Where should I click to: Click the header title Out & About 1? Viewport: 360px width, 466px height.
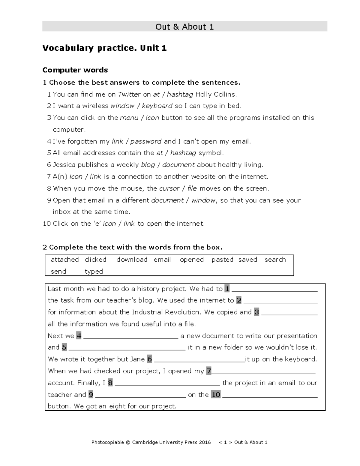[184, 27]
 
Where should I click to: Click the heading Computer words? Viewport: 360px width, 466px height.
[75, 70]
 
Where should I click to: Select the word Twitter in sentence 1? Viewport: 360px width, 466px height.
[129, 94]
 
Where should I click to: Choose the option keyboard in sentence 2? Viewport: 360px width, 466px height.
[157, 106]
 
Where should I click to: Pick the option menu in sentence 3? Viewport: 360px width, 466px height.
[129, 118]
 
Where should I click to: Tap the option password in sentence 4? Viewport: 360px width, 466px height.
[146, 141]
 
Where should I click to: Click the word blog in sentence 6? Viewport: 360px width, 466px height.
[148, 165]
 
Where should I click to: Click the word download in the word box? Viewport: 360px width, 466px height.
[132, 260]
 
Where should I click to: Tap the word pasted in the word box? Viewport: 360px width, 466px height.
[222, 260]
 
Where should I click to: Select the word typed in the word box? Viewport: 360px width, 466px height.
[94, 272]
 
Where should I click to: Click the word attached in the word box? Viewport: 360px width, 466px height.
[65, 260]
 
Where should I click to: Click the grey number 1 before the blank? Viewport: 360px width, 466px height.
[227, 289]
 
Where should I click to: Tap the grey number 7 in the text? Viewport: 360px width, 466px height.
[209, 371]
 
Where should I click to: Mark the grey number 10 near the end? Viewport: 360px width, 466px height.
[216, 395]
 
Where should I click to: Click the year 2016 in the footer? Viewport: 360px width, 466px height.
[205, 442]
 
